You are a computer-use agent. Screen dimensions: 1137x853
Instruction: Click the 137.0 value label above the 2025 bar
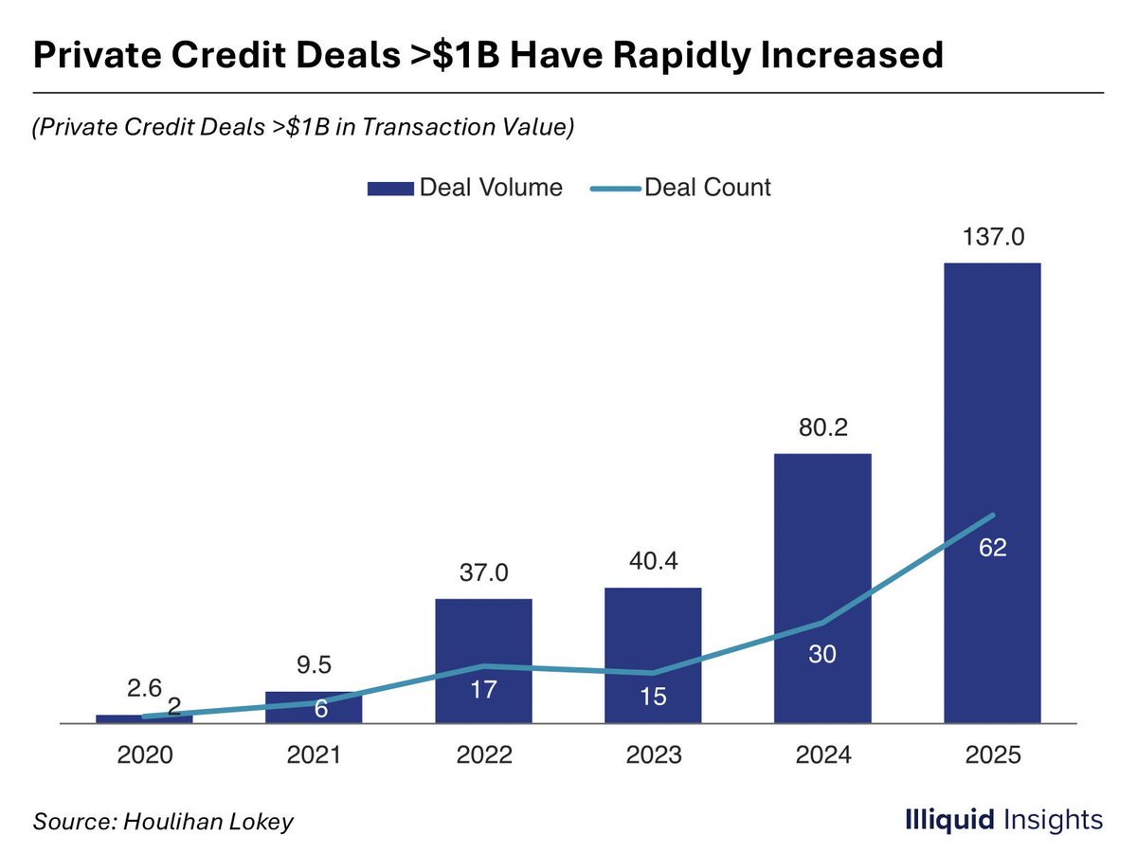(992, 237)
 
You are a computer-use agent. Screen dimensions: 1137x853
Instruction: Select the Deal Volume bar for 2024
(822, 589)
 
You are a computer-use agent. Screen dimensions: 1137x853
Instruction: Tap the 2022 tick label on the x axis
(484, 754)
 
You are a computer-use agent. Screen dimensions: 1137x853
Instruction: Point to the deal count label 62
(992, 548)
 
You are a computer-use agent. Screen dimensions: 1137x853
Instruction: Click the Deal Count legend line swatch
(615, 189)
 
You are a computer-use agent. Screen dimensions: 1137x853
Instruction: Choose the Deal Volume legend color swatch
(390, 189)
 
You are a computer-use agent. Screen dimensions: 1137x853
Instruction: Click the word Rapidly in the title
(681, 55)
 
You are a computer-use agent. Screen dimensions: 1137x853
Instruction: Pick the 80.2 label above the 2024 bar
(823, 427)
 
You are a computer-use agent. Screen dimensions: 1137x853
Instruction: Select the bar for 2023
(653, 655)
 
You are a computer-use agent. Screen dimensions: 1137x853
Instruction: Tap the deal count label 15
(653, 697)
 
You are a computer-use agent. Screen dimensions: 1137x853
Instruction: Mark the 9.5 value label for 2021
(314, 665)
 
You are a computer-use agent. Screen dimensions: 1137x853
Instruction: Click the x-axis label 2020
(145, 754)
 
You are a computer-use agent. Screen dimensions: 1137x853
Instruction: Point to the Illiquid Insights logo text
(1003, 820)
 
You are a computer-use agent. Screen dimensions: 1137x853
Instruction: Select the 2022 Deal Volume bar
(483, 661)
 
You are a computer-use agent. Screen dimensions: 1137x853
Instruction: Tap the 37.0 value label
(484, 572)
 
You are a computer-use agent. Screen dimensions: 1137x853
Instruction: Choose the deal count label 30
(822, 654)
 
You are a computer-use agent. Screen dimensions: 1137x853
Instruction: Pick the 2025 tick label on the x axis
(992, 754)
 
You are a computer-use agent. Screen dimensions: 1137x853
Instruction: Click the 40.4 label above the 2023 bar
(653, 561)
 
